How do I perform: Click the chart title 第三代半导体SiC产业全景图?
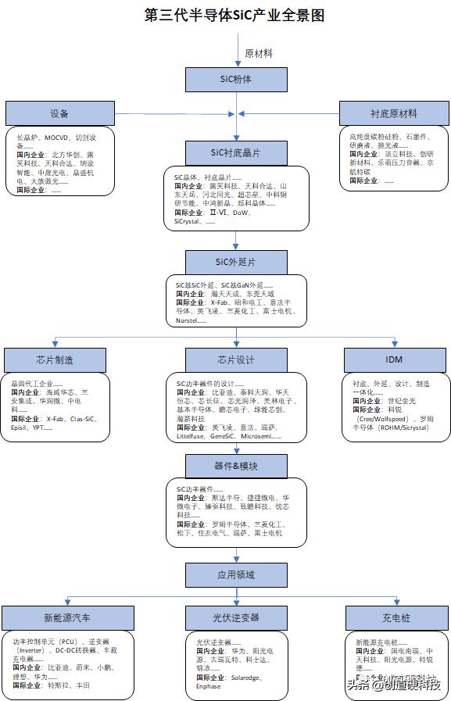coord(234,15)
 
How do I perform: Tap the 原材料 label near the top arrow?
coord(259,53)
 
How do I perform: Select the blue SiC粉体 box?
coord(237,79)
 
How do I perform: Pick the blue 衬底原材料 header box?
coord(394,113)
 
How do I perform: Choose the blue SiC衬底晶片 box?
coord(237,152)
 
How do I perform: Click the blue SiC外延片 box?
coord(237,261)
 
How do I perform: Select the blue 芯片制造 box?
coord(55,359)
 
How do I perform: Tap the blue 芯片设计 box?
coord(237,359)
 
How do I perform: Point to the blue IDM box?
coord(395,359)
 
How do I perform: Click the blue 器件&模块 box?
coord(237,466)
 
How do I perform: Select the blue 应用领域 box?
coord(237,574)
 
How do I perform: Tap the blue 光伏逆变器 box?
coord(237,617)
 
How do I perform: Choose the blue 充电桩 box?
coord(395,617)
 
